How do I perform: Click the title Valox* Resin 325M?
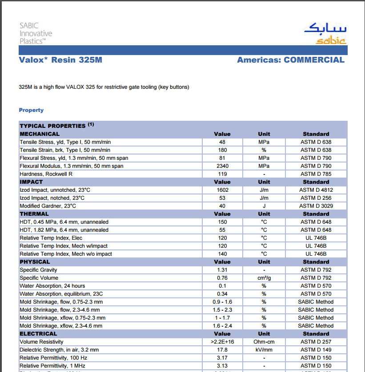point(60,60)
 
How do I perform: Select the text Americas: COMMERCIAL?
point(290,60)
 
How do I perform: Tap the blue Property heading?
point(31,110)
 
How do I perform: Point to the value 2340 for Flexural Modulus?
point(222,166)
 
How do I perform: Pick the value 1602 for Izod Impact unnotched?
point(222,190)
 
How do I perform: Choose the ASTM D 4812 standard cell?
point(316,190)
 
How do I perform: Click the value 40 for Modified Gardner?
point(222,206)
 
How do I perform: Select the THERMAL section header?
point(34,214)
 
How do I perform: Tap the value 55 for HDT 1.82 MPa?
point(222,230)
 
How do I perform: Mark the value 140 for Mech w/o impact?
point(222,254)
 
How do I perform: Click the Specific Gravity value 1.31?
point(222,270)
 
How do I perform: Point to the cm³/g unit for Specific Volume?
point(264,278)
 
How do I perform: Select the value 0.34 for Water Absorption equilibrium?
point(222,294)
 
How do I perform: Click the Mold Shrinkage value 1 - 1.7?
point(222,318)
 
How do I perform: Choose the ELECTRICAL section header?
point(38,334)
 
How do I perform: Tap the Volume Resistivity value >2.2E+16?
point(222,342)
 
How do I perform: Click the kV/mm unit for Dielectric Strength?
point(264,350)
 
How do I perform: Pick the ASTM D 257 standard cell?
point(316,342)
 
